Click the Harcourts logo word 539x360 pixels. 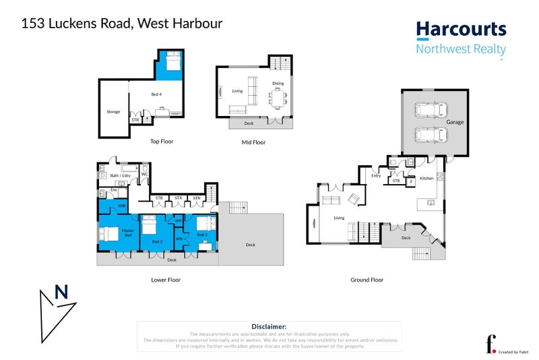(x=461, y=29)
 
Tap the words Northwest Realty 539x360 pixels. (x=461, y=49)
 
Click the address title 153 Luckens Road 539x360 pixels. (x=122, y=24)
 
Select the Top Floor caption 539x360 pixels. (x=162, y=142)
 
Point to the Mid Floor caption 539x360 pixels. (x=253, y=142)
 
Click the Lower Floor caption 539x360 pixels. (x=166, y=279)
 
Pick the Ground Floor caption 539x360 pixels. (x=367, y=279)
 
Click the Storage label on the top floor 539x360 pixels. (x=113, y=112)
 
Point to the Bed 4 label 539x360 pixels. (x=156, y=94)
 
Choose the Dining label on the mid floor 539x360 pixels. (x=278, y=84)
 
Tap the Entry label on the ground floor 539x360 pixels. (x=376, y=176)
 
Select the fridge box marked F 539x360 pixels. (x=411, y=182)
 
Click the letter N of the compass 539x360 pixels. (x=61, y=293)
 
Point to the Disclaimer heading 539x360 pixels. (x=269, y=326)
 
